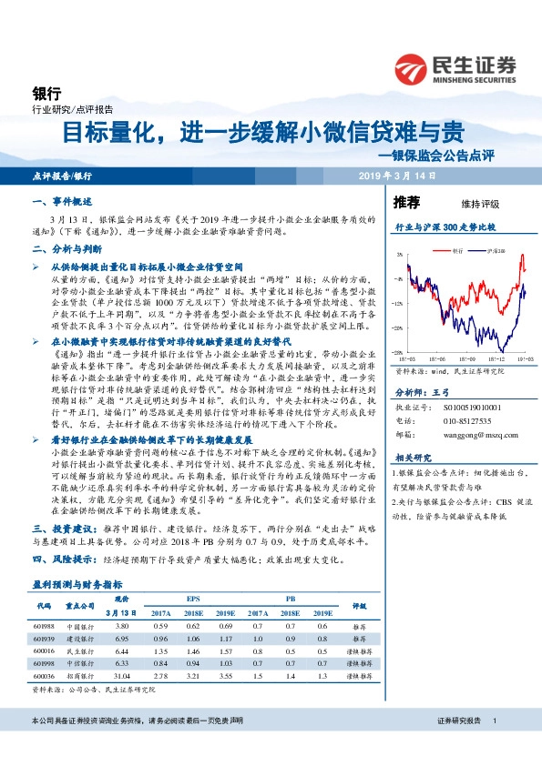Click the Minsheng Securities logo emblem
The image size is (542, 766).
[413, 69]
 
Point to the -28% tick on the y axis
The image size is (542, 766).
[399, 352]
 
